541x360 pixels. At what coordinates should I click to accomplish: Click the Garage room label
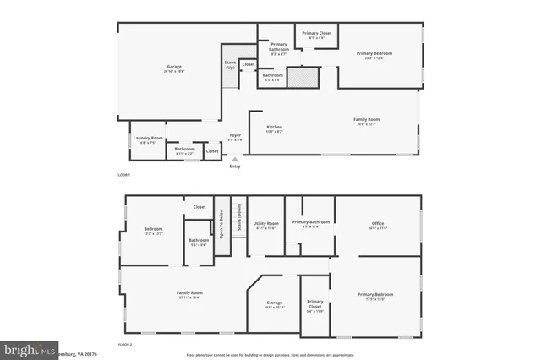coord(175,68)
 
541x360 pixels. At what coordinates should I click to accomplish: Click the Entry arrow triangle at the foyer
coord(235,158)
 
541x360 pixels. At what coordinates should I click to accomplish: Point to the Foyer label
coord(235,137)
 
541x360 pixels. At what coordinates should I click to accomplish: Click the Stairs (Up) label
coord(230,64)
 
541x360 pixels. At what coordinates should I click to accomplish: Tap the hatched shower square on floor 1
coord(301,78)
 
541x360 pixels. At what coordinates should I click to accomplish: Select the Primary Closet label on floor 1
coord(319,35)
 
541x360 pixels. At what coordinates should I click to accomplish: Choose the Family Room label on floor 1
coord(366,121)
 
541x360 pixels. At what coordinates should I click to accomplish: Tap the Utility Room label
coord(266,226)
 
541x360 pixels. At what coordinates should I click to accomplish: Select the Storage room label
coord(275,303)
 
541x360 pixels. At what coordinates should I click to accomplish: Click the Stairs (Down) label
coord(239,217)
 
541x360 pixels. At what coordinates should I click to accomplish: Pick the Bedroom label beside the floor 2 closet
coord(153,231)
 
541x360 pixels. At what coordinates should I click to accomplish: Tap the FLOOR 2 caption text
coord(125,345)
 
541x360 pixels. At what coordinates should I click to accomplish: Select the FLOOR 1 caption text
coord(123,174)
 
